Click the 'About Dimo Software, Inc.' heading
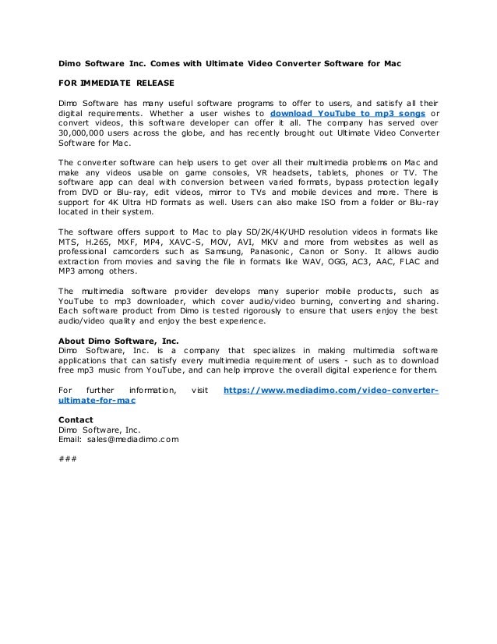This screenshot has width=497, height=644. click(118, 339)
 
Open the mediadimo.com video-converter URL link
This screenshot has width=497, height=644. click(330, 389)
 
